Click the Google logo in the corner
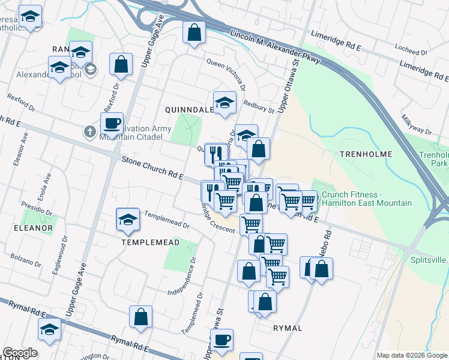pos(20,353)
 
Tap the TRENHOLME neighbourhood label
pos(366,154)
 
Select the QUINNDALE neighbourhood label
pos(190,110)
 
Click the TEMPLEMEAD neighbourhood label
pos(150,242)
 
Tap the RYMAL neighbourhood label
pos(288,328)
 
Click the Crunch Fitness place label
pos(367,199)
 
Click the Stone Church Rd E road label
pos(152,168)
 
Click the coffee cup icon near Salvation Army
pos(112,124)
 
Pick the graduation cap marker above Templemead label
pos(128,220)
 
